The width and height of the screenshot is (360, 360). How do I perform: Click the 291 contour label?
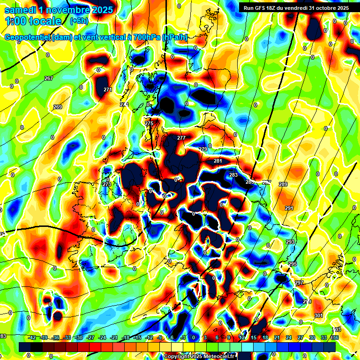pyautogui.click(x=289, y=208)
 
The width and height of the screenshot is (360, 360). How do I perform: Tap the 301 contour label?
pyautogui.click(x=319, y=315)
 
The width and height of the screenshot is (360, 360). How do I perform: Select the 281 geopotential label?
pyautogui.click(x=218, y=161)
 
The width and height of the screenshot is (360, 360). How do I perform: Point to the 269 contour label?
pyautogui.click(x=58, y=107)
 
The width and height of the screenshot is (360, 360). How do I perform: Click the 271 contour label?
pyautogui.click(x=108, y=90)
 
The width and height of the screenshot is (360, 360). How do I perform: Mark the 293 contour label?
pyautogui.click(x=290, y=242)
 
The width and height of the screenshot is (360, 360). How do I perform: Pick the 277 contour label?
pyautogui.click(x=181, y=138)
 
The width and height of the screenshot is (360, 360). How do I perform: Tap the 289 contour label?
pyautogui.click(x=283, y=185)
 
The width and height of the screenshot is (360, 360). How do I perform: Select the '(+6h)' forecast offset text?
pyautogui.click(x=79, y=21)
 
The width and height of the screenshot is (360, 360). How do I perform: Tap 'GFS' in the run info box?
pyautogui.click(x=259, y=8)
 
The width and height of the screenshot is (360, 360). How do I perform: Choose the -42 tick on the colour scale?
pyautogui.click(x=32, y=337)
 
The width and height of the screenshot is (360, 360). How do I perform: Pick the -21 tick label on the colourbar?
pyautogui.click(x=114, y=337)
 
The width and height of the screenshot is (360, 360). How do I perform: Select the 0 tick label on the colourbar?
pyautogui.click(x=194, y=337)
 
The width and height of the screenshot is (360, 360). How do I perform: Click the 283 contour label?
pyautogui.click(x=233, y=175)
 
